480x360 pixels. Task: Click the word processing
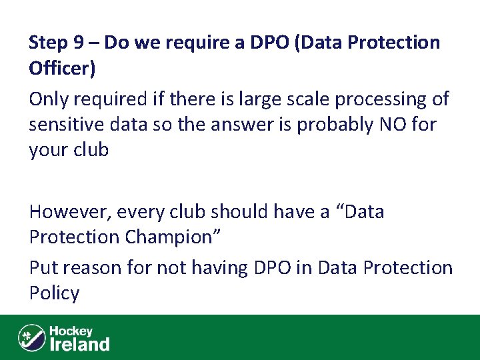tap(381, 100)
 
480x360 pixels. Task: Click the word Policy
tap(54, 294)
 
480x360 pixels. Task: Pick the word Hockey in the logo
tap(71, 331)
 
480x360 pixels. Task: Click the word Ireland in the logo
tap(80, 344)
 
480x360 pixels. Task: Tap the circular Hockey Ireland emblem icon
tap(32, 337)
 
